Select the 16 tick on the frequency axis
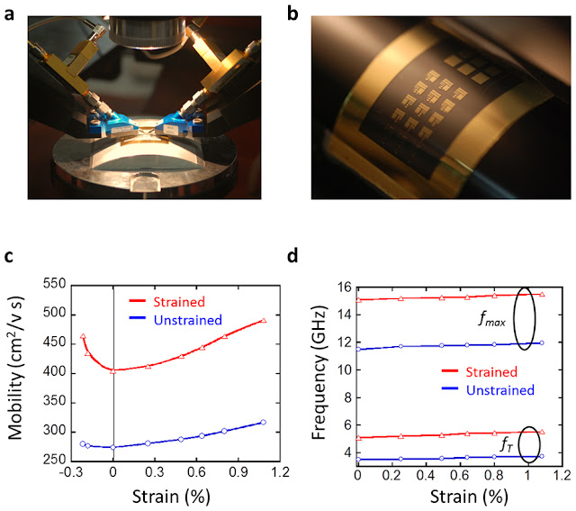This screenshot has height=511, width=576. click(343, 287)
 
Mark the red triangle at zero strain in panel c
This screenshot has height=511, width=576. click(112, 370)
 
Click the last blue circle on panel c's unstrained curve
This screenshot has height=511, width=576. click(263, 422)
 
